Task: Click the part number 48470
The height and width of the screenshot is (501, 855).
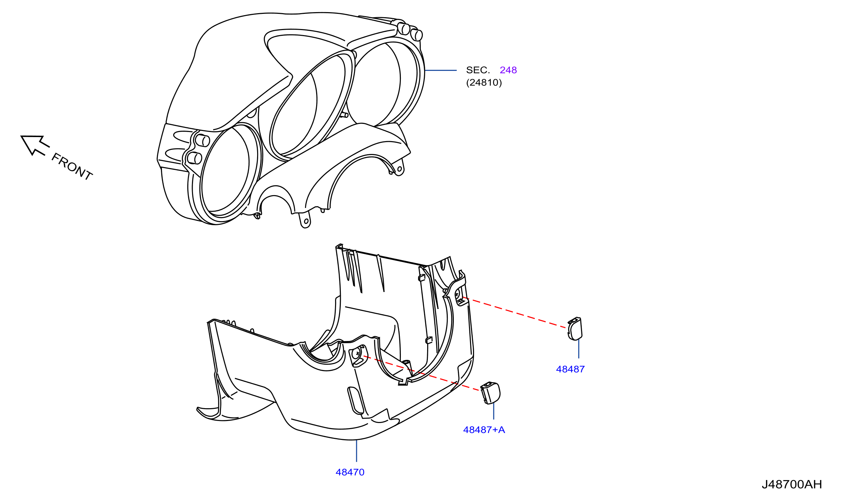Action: pyautogui.click(x=350, y=472)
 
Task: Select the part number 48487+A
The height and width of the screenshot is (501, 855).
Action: pyautogui.click(x=484, y=430)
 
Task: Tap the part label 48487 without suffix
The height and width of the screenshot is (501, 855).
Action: pyautogui.click(x=570, y=369)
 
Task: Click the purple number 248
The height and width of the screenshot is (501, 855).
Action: pyautogui.click(x=508, y=70)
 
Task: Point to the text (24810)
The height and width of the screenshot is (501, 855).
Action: pyautogui.click(x=484, y=82)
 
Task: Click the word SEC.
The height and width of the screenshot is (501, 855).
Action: pyautogui.click(x=478, y=70)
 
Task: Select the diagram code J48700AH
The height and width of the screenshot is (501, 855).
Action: pyautogui.click(x=792, y=484)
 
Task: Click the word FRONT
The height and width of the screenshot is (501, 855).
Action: pyautogui.click(x=72, y=167)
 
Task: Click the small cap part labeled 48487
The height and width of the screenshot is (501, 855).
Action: pyautogui.click(x=575, y=328)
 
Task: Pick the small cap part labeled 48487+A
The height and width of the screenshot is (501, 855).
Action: pyautogui.click(x=491, y=393)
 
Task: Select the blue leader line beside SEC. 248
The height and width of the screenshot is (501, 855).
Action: pyautogui.click(x=440, y=70)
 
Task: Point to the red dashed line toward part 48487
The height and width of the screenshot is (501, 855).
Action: pyautogui.click(x=514, y=313)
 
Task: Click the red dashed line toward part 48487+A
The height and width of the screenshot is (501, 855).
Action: pyautogui.click(x=421, y=373)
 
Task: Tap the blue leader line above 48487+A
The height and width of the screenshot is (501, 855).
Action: pyautogui.click(x=493, y=412)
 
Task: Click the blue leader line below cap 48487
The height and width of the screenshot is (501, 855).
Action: pyautogui.click(x=578, y=349)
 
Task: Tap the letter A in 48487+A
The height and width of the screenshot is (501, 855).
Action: pyautogui.click(x=501, y=430)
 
